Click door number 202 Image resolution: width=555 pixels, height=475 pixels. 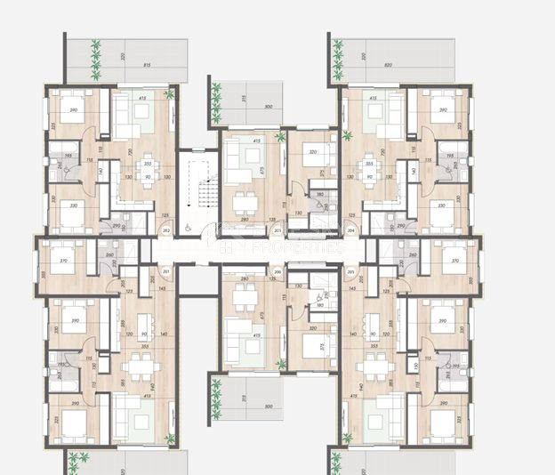coord(167,231)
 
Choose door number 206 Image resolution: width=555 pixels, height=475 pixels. coord(277,271)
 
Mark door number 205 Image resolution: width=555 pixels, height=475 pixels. coord(350,271)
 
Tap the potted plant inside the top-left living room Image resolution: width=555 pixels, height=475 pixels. coord(170,95)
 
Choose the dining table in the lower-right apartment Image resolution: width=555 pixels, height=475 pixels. coord(373,366)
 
